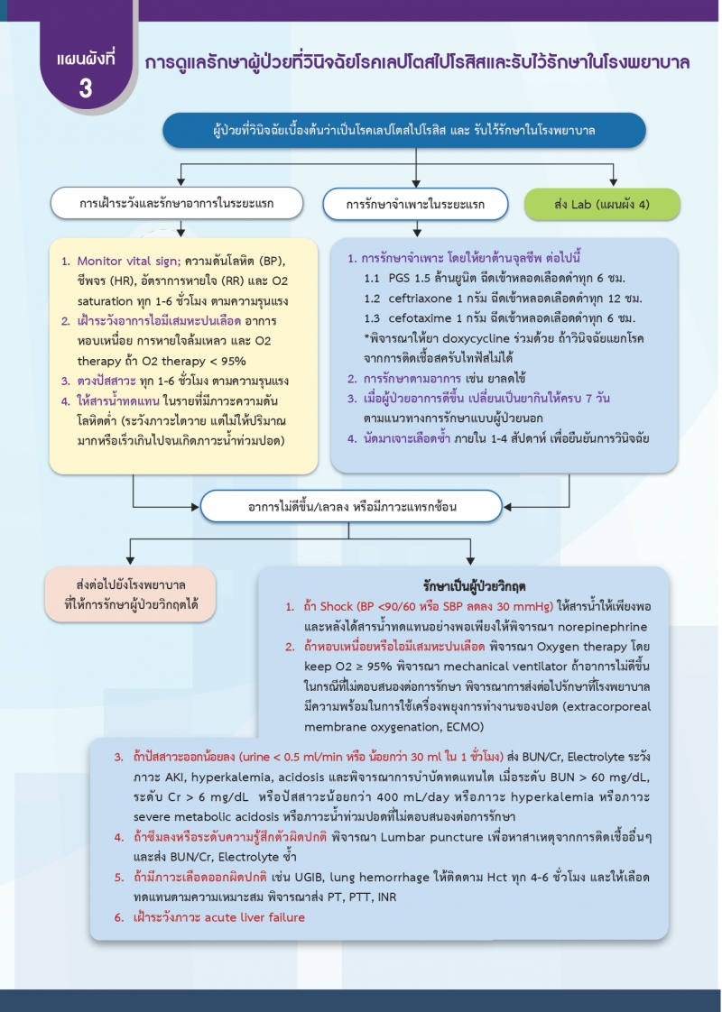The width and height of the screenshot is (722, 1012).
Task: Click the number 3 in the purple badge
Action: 86,88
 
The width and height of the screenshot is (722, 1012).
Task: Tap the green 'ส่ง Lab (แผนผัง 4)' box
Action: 602,204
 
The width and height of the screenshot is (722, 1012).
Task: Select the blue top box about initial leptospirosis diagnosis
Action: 403,131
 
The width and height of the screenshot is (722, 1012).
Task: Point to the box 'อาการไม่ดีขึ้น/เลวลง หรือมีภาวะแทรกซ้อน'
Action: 352,507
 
